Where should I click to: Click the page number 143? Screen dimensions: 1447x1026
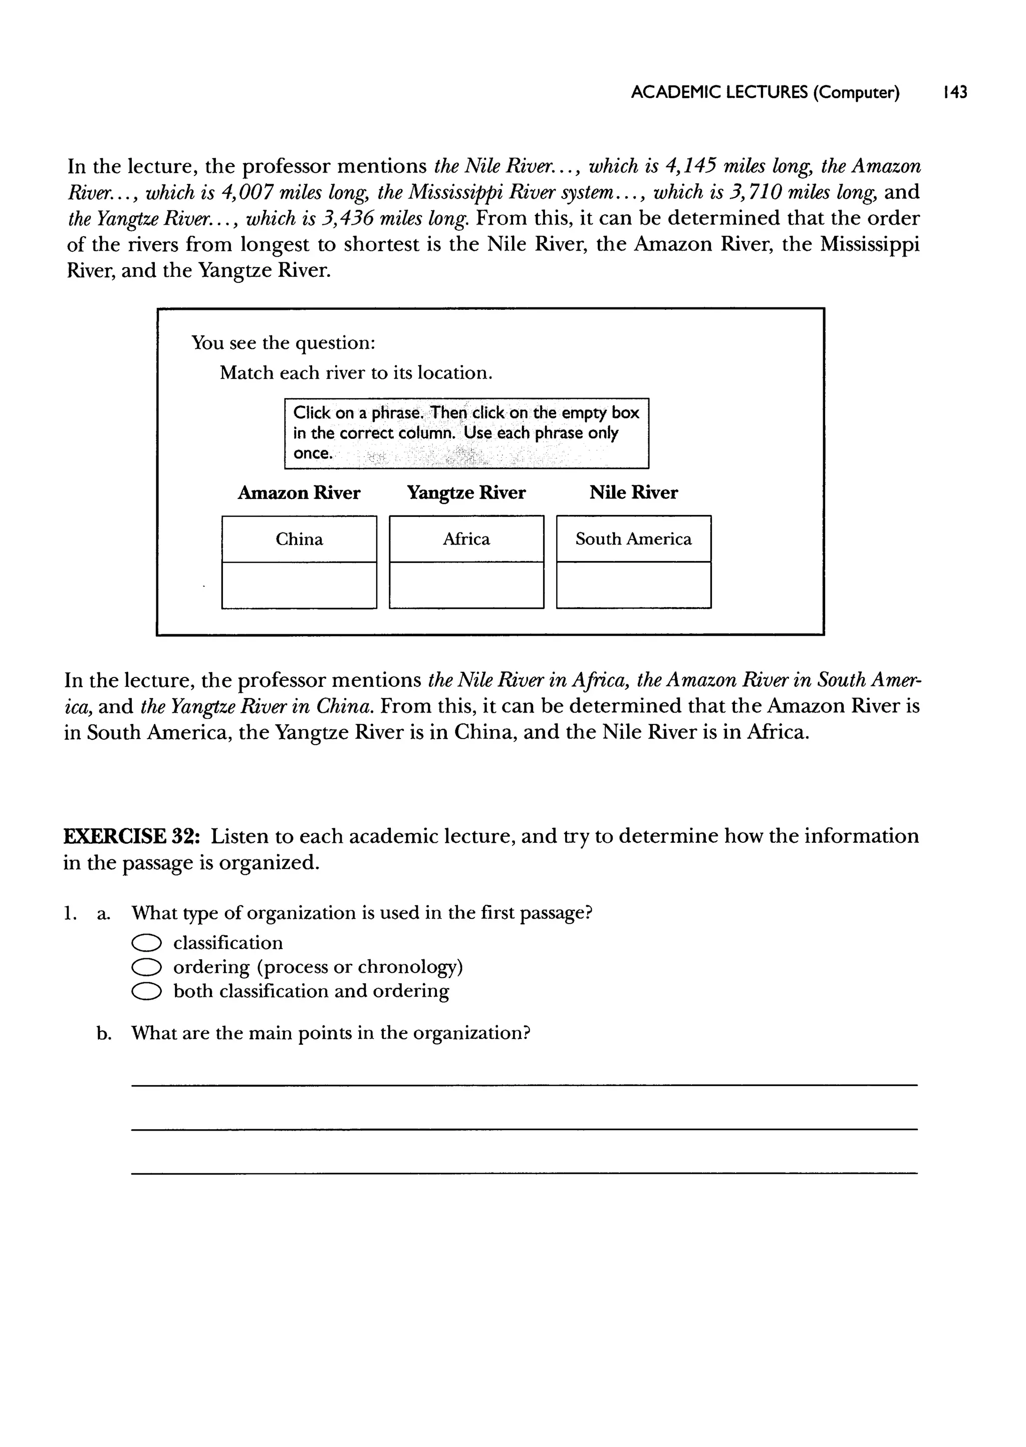coord(954,93)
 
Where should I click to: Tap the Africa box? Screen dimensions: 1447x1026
coord(466,539)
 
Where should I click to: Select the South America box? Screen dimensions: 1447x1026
coord(633,539)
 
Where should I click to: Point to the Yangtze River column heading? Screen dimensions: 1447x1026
coord(466,493)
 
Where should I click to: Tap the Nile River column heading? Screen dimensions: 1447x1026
coord(633,493)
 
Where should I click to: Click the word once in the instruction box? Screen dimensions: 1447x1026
coord(312,454)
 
